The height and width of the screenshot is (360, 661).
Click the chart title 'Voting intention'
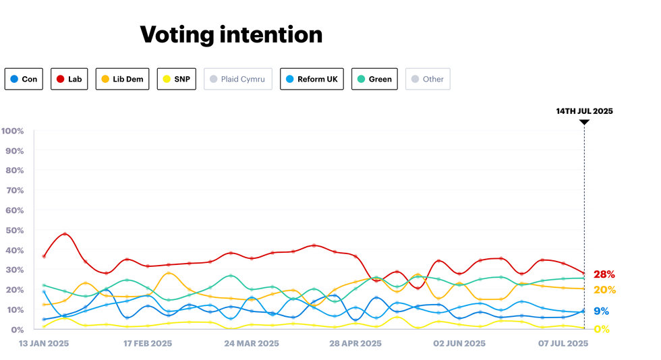coord(231,34)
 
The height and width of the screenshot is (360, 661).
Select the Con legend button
coord(24,79)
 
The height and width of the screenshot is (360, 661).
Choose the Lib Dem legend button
coord(122,79)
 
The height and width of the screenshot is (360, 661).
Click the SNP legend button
coord(176,79)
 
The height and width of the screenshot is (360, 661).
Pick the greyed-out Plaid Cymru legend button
coord(237,79)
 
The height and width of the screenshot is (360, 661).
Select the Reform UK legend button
coord(311,79)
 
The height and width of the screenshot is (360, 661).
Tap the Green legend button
coord(374,79)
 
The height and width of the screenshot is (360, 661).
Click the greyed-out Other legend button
coord(428,79)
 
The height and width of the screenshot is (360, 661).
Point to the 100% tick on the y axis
coord(13,131)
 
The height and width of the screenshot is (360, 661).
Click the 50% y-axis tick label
coord(14,230)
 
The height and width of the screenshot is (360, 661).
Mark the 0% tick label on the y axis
coord(17,330)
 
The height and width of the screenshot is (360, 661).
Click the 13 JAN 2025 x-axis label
coord(42,343)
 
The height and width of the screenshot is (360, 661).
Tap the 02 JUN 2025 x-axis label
coord(459,343)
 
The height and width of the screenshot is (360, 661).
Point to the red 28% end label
coord(604,274)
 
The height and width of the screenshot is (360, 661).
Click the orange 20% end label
coord(604,290)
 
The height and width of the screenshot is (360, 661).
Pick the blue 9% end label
coord(601,311)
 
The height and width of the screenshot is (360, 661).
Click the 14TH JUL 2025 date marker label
coord(584,111)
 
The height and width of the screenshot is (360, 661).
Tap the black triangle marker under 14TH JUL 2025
coord(584,122)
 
